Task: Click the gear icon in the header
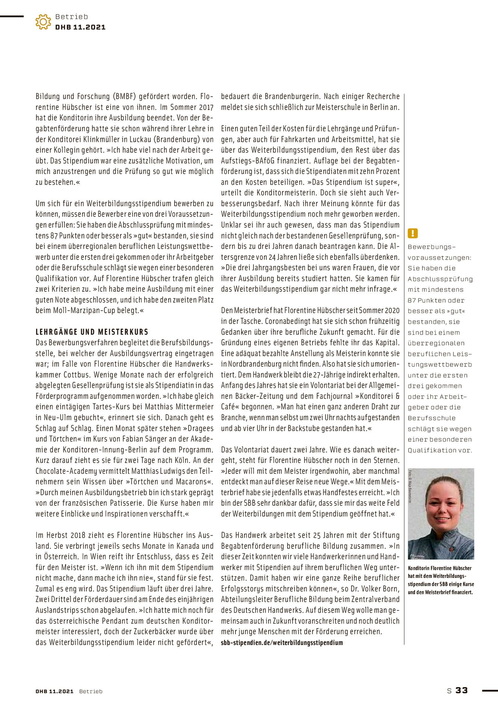click(x=43, y=22)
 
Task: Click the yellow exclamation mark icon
click(x=412, y=234)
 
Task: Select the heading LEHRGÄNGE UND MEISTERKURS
click(x=92, y=332)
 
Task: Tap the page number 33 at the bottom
click(x=462, y=690)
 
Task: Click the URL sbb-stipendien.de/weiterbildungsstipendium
click(x=282, y=642)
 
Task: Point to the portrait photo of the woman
click(x=441, y=514)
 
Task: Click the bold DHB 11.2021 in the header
click(x=80, y=27)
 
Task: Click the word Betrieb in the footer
click(x=91, y=691)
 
